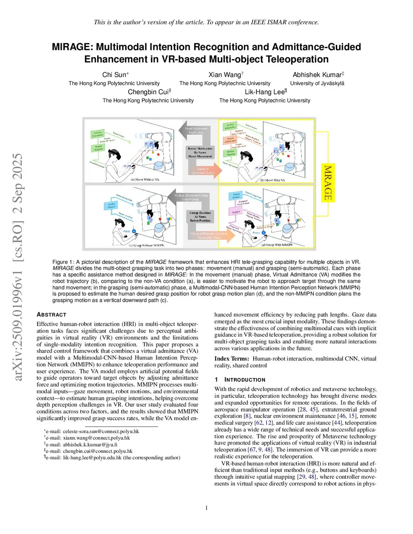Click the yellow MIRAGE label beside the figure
[x=327, y=183]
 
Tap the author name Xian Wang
[x=225, y=75]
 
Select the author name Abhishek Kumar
[x=317, y=75]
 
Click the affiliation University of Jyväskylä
[x=317, y=83]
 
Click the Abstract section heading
[x=51, y=315]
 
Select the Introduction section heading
[x=244, y=380]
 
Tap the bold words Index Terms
[x=232, y=359]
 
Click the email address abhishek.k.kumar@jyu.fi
[x=90, y=445]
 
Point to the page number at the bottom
[x=206, y=508]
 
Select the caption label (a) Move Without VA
[x=145, y=179]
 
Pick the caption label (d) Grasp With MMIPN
[x=277, y=245]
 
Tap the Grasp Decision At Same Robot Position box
[x=200, y=217]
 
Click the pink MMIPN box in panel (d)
[x=236, y=212]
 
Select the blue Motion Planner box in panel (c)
[x=112, y=205]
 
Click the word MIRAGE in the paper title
[x=71, y=47]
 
